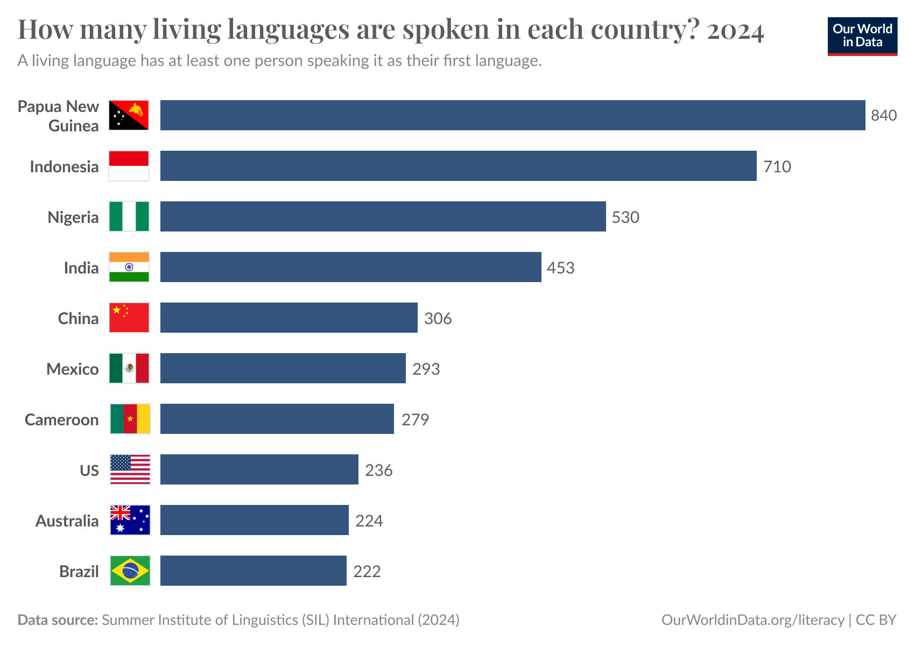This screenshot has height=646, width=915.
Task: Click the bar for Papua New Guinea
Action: click(512, 115)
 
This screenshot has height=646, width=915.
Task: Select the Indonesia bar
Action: click(458, 166)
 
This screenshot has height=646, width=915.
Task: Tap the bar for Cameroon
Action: click(277, 419)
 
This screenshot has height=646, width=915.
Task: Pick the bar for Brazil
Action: click(253, 571)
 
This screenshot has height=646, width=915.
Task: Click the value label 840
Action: click(884, 116)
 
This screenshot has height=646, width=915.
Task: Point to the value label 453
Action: click(560, 268)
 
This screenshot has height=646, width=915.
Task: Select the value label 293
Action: click(426, 369)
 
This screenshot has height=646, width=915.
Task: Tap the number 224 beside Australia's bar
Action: click(369, 521)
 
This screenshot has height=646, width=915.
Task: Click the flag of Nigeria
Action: click(129, 216)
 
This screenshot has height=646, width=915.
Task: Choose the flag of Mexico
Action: click(129, 368)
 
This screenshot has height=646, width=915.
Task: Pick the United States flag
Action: click(130, 469)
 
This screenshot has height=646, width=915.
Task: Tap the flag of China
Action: click(129, 318)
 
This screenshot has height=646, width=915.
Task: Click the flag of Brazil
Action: click(130, 571)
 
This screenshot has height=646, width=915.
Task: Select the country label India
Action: click(81, 268)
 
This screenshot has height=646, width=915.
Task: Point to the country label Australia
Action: click(67, 521)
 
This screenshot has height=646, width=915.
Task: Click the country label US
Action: click(89, 471)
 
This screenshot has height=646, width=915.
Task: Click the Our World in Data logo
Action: click(862, 36)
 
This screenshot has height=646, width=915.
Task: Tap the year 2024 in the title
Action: click(735, 31)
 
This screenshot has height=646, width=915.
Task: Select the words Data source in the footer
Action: click(57, 620)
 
